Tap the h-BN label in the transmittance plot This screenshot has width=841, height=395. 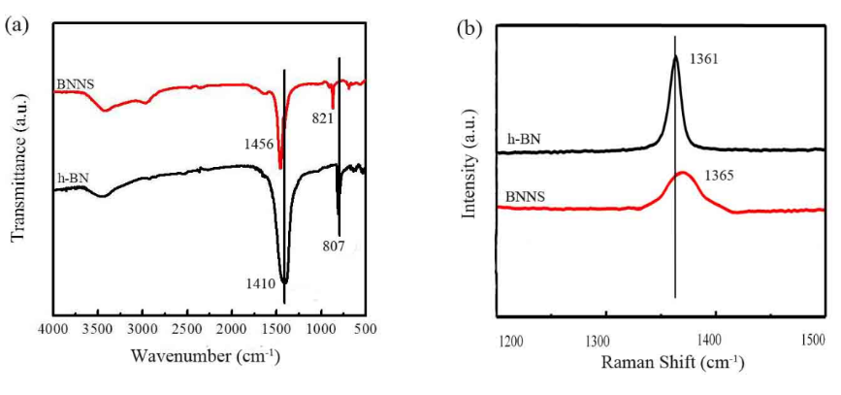click(70, 178)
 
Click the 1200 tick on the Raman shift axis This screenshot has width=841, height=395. click(511, 342)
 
